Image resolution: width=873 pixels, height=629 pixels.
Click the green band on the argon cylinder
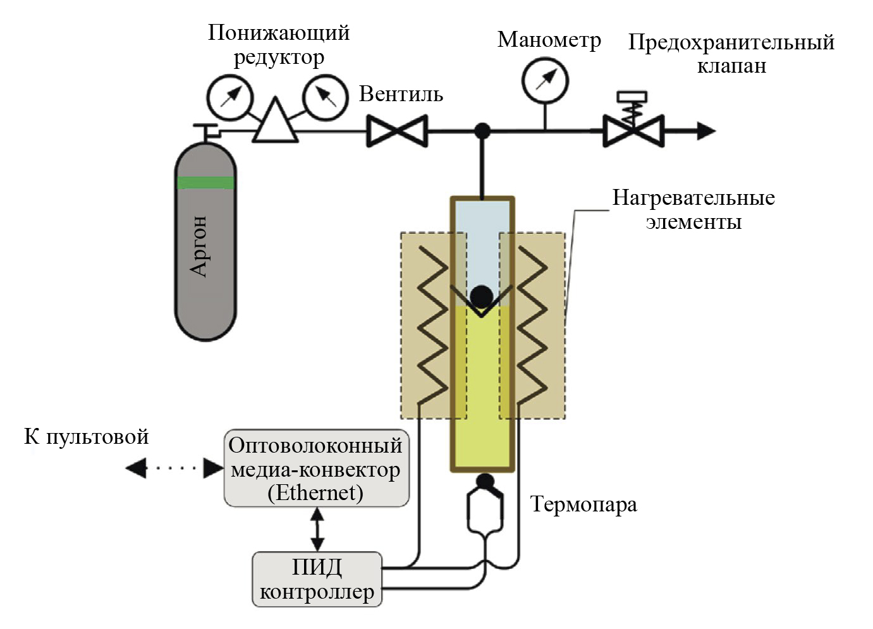point(205,183)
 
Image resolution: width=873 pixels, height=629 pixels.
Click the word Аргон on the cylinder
point(199,246)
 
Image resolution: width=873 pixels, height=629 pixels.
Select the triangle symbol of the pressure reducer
point(276,121)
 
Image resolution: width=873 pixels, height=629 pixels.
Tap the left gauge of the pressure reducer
point(230,98)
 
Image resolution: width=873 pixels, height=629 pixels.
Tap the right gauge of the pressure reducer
point(325,97)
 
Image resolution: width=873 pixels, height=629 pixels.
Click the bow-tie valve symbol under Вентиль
point(397,132)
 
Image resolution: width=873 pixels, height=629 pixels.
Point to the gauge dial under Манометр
point(545,81)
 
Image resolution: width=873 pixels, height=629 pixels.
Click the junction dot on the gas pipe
point(482,131)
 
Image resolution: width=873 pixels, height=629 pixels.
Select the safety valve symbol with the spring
point(633,130)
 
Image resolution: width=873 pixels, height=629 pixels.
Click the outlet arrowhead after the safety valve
point(706,131)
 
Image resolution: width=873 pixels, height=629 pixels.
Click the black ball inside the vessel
point(482,296)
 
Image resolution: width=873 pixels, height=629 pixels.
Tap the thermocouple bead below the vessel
point(485,482)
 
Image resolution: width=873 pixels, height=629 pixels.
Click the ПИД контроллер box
point(317,579)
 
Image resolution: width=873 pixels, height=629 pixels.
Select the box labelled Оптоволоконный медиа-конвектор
point(317,468)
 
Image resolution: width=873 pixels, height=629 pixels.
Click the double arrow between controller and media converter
point(317,530)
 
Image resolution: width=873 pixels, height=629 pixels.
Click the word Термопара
point(583,504)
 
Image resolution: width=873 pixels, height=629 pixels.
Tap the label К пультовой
point(87,436)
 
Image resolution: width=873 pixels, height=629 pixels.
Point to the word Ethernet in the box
point(315,492)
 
